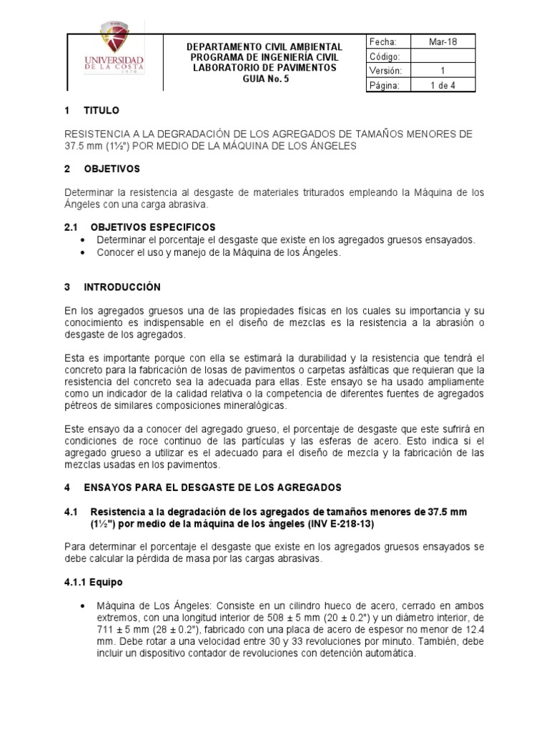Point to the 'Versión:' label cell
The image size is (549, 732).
[x=386, y=71]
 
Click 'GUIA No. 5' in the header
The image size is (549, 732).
[x=264, y=79]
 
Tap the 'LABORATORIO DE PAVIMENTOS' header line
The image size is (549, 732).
[x=264, y=68]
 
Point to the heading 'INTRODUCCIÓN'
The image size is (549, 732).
[x=122, y=287]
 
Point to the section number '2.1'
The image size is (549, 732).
[x=70, y=226]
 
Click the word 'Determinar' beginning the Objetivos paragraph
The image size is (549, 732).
[x=87, y=192]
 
